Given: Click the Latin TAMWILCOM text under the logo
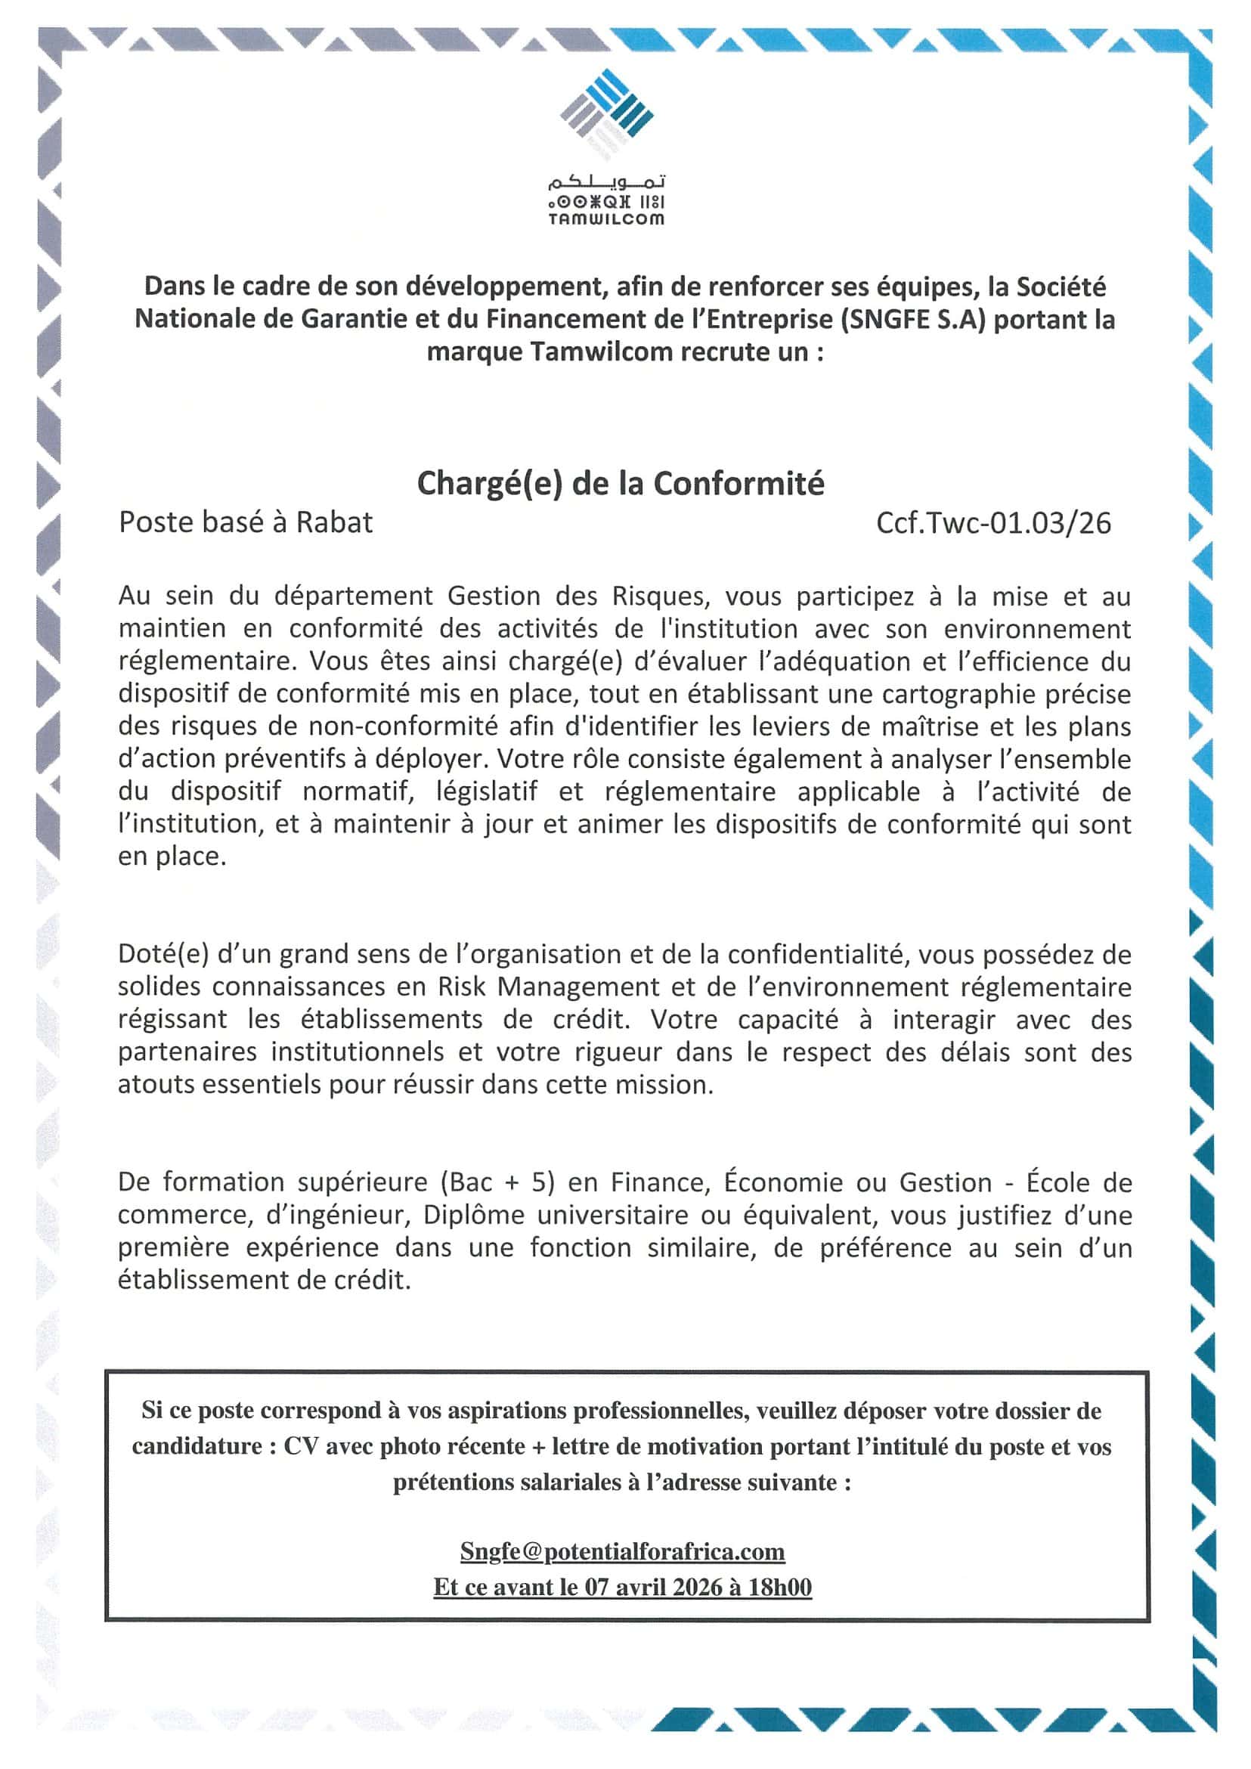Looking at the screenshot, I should [x=606, y=219].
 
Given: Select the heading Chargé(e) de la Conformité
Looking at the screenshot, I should [x=620, y=484].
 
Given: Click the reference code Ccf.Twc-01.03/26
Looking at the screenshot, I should [x=994, y=523].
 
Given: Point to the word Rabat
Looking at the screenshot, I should [x=334, y=523].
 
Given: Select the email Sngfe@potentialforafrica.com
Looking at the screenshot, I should [x=622, y=1551].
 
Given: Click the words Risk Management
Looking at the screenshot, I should [x=549, y=987].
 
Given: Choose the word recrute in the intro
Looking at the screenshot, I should [x=704, y=352].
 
